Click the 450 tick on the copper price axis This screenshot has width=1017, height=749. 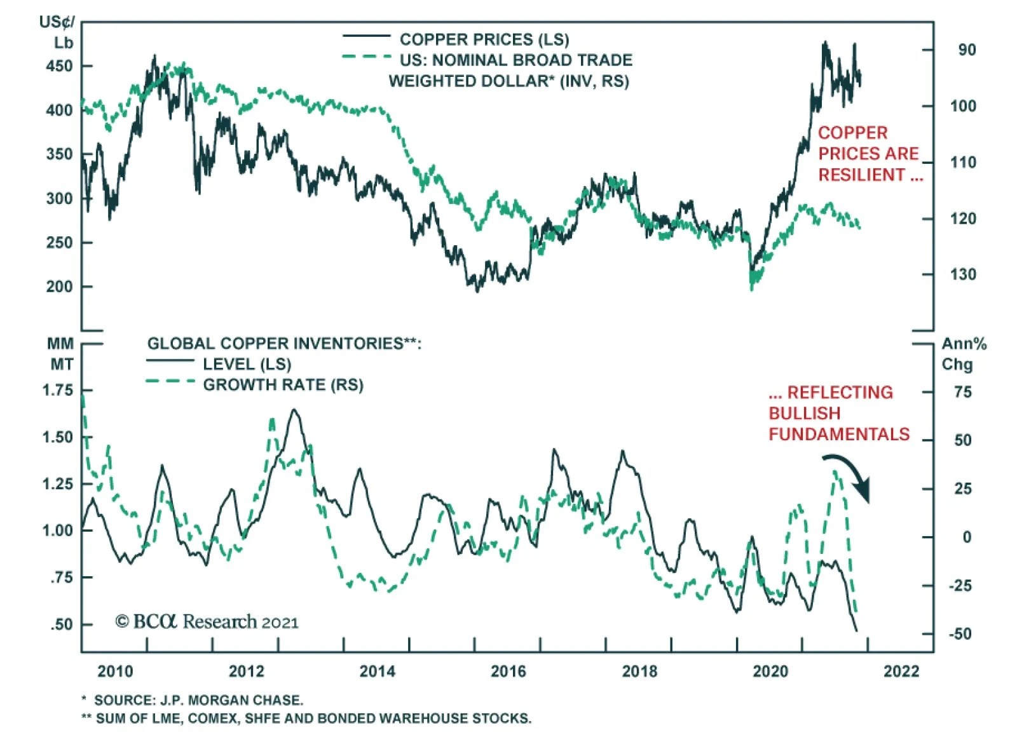point(59,66)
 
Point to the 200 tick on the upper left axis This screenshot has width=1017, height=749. point(59,287)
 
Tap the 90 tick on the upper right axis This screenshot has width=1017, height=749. point(967,50)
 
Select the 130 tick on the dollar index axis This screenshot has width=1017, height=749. point(963,274)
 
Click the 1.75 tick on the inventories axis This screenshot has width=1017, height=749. point(58,391)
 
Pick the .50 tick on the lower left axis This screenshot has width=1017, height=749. point(62,624)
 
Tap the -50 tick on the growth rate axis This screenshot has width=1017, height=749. point(960,634)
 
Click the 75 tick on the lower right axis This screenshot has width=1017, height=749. point(962,393)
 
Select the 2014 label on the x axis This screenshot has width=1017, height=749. point(377,671)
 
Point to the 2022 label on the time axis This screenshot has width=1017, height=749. point(901,671)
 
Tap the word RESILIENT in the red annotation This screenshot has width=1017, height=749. point(861,175)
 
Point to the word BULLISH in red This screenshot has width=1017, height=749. point(804,414)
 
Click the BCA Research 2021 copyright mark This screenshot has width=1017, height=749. point(207,621)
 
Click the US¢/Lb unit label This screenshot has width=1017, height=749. point(57,32)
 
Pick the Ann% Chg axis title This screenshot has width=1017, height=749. point(963,354)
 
